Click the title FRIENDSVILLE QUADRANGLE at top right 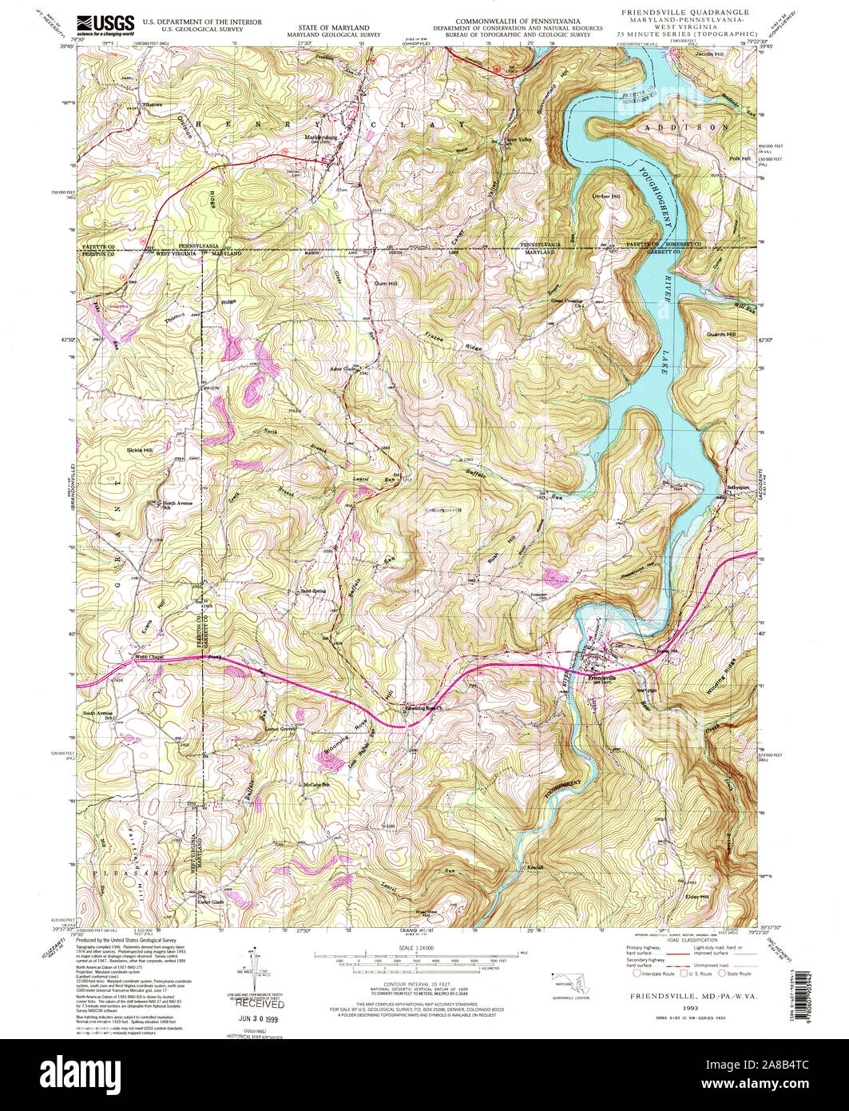[685, 13]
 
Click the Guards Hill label [720, 334]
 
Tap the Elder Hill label [696, 897]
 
